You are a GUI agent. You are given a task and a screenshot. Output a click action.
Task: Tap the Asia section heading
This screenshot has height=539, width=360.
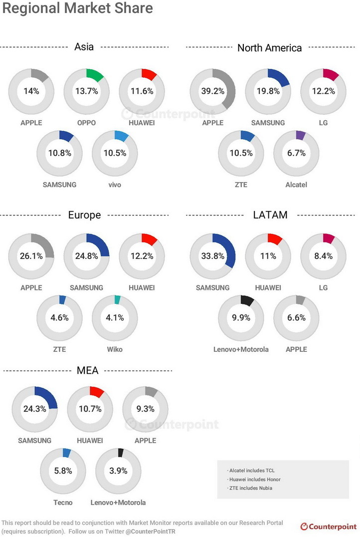pyautogui.click(x=84, y=47)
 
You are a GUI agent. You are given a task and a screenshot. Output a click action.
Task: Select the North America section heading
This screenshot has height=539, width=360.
pyautogui.click(x=269, y=48)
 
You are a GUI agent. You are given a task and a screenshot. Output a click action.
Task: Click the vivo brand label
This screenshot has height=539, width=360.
pyautogui.click(x=114, y=185)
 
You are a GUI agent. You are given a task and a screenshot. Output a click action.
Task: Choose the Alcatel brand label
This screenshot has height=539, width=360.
pyautogui.click(x=296, y=185)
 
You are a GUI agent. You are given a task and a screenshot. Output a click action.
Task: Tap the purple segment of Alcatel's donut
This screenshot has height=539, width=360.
pyautogui.click(x=300, y=135)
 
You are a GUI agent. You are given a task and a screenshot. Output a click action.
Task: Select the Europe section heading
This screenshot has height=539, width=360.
pyautogui.click(x=84, y=215)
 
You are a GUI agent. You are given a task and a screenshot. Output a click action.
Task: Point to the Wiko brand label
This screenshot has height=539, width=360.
pyautogui.click(x=114, y=349)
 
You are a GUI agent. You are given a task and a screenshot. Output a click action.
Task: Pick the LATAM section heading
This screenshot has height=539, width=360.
pyautogui.click(x=270, y=215)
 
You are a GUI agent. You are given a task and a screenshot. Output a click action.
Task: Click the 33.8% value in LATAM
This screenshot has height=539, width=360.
pyautogui.click(x=213, y=256)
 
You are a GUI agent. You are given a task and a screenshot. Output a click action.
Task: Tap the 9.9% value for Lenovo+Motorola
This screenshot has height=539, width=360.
pyautogui.click(x=241, y=317)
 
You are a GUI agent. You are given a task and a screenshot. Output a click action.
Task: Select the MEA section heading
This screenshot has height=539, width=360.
pyautogui.click(x=87, y=370)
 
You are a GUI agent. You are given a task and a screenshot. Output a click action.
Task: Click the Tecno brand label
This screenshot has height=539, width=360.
pyautogui.click(x=63, y=502)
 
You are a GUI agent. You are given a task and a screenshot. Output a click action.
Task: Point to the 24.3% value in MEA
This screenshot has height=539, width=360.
pyautogui.click(x=34, y=409)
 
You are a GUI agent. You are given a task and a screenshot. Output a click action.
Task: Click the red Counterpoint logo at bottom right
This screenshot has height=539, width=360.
pyautogui.click(x=328, y=527)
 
